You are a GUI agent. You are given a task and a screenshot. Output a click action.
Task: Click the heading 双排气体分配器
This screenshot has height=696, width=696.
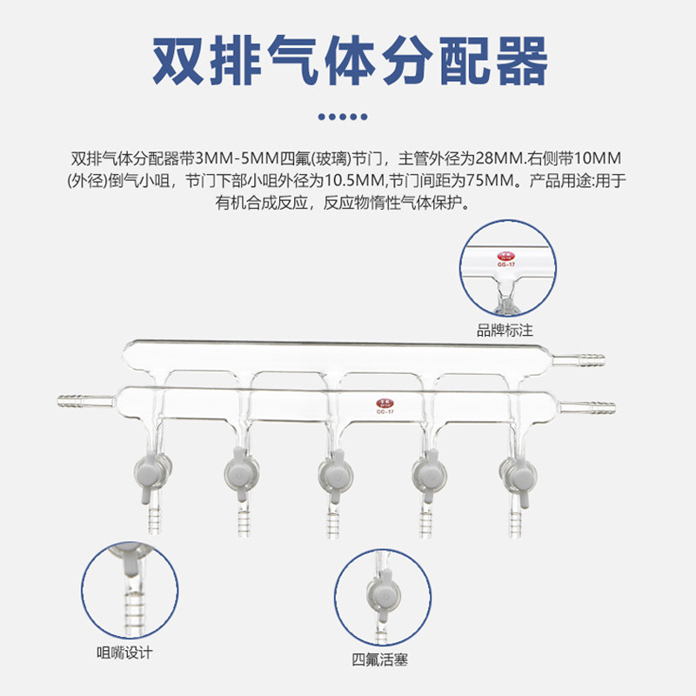click(348, 60)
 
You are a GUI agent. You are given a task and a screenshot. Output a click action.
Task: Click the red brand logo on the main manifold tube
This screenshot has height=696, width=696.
click(384, 403)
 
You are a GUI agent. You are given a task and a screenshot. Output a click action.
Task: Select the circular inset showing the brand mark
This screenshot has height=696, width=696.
click(505, 268)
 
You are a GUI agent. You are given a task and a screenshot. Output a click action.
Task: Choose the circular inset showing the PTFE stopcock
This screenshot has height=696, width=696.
click(380, 596)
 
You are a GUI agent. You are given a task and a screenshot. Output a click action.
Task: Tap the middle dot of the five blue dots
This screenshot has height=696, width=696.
click(348, 116)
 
